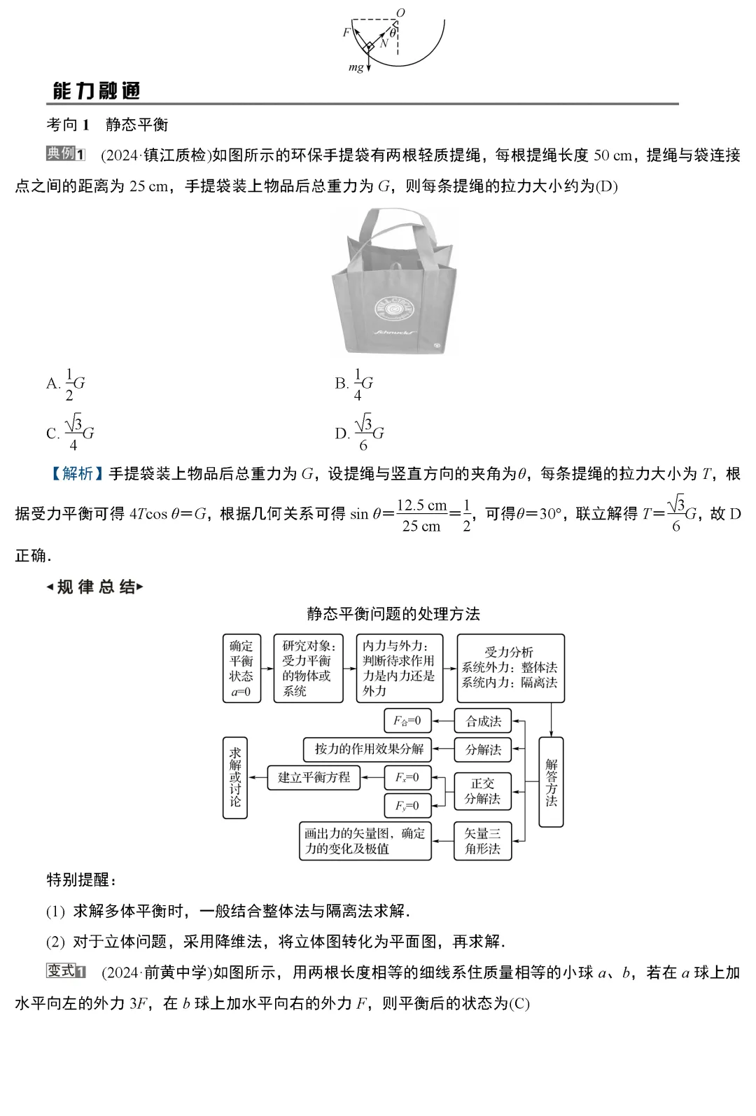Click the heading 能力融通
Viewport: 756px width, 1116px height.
click(x=97, y=91)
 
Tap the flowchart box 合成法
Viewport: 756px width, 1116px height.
click(x=483, y=721)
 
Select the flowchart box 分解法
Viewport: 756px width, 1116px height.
click(x=483, y=750)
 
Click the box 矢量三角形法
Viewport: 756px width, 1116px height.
click(x=483, y=841)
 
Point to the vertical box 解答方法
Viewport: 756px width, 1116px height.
click(x=551, y=781)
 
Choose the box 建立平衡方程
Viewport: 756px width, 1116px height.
click(x=314, y=777)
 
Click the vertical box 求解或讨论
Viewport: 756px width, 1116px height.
click(x=235, y=777)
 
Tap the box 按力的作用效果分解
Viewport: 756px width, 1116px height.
click(x=368, y=749)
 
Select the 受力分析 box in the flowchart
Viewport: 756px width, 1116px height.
click(x=510, y=668)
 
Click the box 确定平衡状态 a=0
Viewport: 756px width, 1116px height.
click(x=241, y=668)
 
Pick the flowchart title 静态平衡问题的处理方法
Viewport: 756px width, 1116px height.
click(x=393, y=614)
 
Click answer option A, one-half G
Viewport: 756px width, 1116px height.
click(x=66, y=384)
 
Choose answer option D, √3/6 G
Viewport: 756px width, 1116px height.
click(x=360, y=434)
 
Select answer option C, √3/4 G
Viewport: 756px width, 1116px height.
click(x=70, y=434)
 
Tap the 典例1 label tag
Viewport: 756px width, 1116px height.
click(x=65, y=154)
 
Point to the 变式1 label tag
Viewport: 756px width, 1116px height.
click(x=65, y=972)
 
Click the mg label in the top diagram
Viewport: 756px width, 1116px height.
click(x=356, y=68)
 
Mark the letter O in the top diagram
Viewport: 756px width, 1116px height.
click(x=400, y=13)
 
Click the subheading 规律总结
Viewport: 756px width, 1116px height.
click(x=94, y=587)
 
